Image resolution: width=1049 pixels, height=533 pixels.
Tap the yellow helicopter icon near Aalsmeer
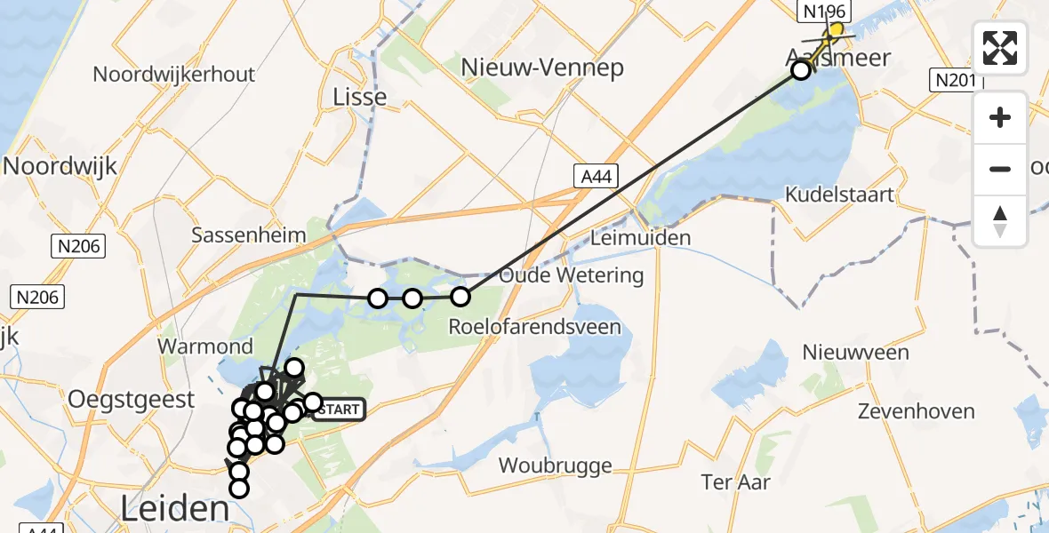click(832, 32)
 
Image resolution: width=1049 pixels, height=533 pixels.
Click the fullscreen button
click(1000, 48)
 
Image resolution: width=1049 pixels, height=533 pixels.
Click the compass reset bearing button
click(1000, 221)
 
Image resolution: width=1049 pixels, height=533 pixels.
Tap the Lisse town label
click(358, 97)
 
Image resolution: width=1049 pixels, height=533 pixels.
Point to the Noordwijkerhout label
click(173, 74)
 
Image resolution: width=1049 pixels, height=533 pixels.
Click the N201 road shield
click(956, 81)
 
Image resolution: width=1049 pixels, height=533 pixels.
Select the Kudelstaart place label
click(839, 195)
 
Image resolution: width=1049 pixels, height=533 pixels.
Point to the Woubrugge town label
click(556, 465)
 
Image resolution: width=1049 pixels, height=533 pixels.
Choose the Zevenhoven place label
click(916, 411)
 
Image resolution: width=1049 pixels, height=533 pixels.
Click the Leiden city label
click(175, 509)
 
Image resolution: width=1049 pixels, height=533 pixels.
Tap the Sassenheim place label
click(249, 235)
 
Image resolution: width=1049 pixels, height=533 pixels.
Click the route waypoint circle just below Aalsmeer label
click(801, 70)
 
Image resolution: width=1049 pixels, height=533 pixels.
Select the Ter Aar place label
click(735, 482)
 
